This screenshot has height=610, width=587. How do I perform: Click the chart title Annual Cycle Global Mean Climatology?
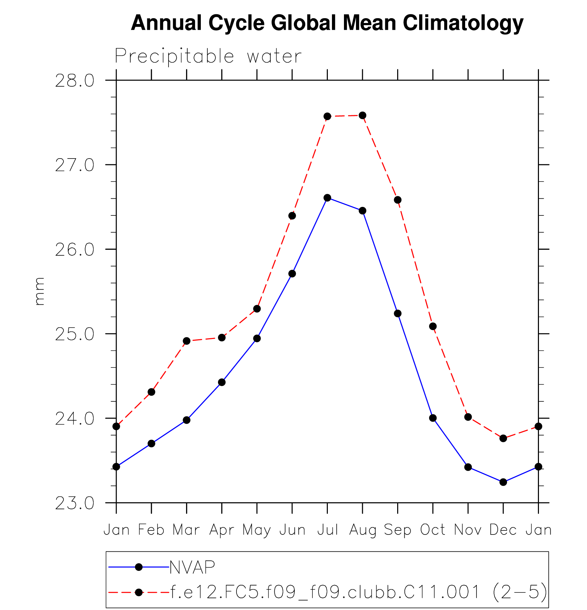pos(327,23)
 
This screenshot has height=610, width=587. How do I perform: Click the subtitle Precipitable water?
pos(208,56)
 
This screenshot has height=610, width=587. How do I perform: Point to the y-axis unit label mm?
pos(39,291)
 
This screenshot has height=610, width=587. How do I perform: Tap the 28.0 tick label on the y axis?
pos(74,81)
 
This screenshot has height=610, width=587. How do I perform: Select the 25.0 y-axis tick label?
pos(74,334)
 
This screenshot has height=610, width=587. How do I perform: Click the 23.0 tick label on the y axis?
pos(74,503)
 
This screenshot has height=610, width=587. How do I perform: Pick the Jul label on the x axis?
pos(327,530)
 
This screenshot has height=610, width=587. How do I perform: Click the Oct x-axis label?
pos(433,530)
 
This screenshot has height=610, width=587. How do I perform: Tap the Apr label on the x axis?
pos(222,530)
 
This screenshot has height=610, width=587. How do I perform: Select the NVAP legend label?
pos(192,567)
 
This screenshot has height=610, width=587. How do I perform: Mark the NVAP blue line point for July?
pos(327,198)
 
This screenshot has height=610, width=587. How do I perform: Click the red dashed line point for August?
pos(362,115)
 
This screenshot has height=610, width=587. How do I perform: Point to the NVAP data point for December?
pos(503,482)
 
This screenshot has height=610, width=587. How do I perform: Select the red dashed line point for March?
pos(186,341)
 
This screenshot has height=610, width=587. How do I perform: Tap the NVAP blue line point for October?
pos(433,418)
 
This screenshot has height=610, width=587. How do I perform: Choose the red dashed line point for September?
pos(398,200)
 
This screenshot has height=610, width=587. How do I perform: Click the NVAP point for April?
pos(222,382)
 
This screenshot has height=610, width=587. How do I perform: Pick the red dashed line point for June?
pos(292,216)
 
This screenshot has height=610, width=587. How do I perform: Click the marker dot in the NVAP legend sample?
pos(139,567)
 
